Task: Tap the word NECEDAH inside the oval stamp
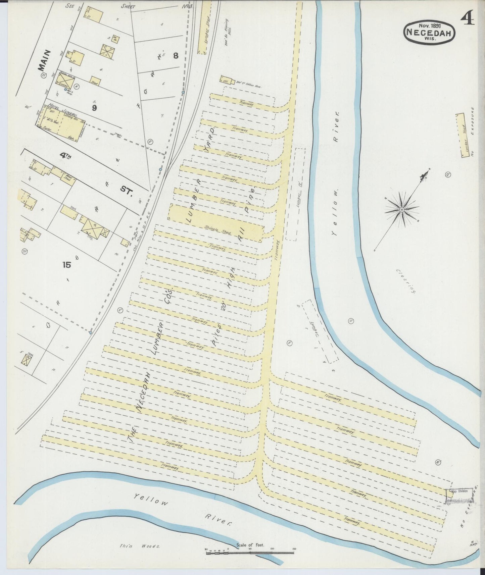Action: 430,32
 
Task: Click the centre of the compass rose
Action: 401,210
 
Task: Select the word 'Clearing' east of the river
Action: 406,281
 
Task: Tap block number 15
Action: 66,265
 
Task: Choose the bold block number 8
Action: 176,56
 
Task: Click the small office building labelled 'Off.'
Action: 225,80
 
